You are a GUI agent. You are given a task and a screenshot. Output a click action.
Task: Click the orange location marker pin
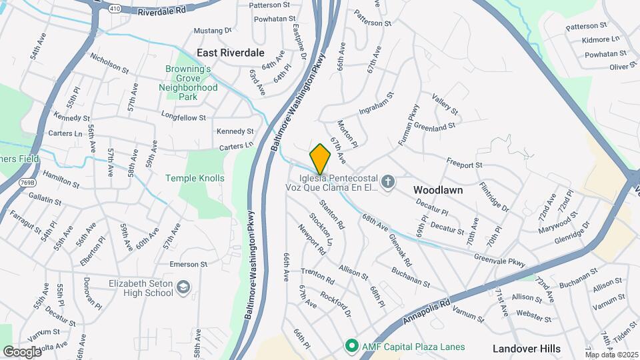pos(321,159)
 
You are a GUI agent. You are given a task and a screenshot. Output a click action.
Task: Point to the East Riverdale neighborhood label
pos(231,52)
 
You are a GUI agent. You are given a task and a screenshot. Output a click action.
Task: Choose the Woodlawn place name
pos(438,190)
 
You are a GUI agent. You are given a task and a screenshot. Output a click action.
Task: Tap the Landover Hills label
pos(527,348)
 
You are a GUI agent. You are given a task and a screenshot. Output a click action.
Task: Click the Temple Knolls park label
pos(195,178)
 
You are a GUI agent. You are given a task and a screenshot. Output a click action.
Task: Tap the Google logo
pos(22,351)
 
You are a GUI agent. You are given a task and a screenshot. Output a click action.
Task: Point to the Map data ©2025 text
pos(612,354)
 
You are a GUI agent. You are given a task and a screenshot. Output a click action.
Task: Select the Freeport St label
pos(464,164)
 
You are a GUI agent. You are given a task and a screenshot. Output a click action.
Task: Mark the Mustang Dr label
pos(213,30)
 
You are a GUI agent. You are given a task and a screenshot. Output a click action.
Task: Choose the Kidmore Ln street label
pos(601,40)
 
